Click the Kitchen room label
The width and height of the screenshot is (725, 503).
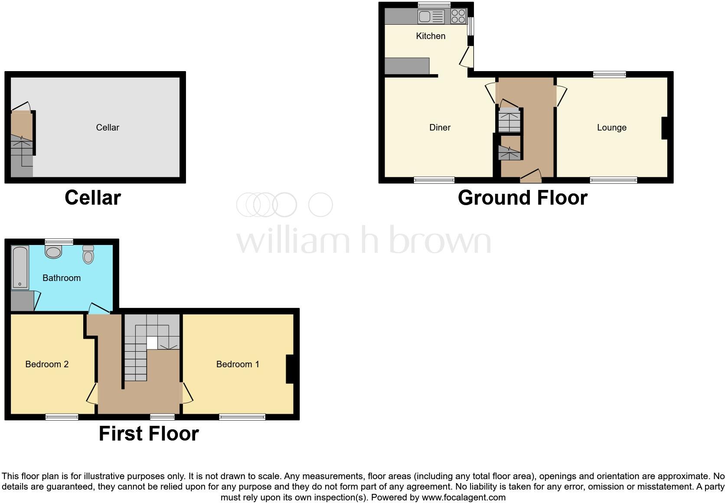(x=431, y=36)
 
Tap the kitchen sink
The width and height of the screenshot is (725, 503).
(x=431, y=17)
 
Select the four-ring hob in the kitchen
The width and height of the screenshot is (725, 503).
(x=458, y=16)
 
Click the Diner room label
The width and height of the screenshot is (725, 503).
(x=440, y=127)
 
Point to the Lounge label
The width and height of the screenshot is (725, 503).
(x=611, y=127)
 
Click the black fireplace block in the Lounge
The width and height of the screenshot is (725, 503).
(x=664, y=128)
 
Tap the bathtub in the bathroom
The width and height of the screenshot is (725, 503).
(x=20, y=267)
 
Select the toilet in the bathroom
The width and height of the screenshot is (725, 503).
(x=88, y=255)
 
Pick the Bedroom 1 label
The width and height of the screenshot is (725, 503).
(x=238, y=364)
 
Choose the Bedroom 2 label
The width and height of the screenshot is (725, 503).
(x=47, y=364)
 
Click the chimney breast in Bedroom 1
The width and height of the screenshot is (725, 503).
(x=290, y=369)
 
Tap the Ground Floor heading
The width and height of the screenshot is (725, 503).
(x=523, y=198)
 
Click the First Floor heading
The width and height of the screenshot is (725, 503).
(x=149, y=434)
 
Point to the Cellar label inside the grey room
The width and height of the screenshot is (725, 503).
(x=108, y=127)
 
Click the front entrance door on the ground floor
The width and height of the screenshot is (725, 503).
(x=531, y=176)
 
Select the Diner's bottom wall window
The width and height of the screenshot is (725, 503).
(x=434, y=180)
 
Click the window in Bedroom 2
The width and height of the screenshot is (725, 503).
(x=62, y=417)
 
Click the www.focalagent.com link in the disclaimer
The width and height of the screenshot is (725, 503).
(x=464, y=497)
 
